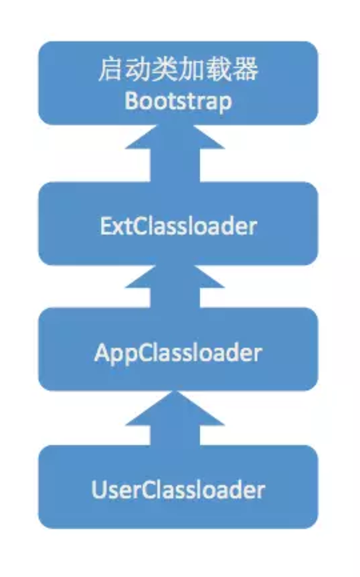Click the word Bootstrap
point(179,101)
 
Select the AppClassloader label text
point(178,353)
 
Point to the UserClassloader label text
point(178,490)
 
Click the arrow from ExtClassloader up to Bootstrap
point(175,153)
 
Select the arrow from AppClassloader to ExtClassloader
point(175,286)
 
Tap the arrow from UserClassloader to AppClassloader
point(175,418)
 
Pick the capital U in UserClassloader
point(99,490)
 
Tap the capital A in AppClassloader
point(103,352)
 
